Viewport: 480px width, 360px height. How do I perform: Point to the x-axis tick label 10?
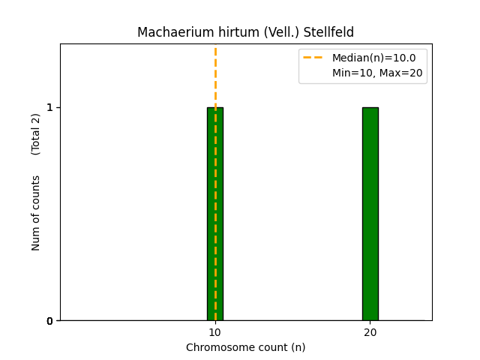[x=214, y=332]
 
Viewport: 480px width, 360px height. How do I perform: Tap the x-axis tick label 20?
[x=370, y=332]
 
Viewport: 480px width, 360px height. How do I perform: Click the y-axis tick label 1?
[x=49, y=107]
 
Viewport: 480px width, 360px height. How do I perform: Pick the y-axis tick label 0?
[x=49, y=321]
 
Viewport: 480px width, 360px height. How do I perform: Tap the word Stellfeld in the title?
[x=328, y=32]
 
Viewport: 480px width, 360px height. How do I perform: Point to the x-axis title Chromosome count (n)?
[x=246, y=347]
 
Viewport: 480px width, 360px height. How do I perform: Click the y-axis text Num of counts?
[x=36, y=213]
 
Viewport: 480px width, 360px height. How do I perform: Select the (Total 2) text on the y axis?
[x=36, y=133]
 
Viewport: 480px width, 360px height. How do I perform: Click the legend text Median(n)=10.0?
[x=373, y=58]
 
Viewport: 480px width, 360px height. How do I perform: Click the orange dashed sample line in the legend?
[x=313, y=58]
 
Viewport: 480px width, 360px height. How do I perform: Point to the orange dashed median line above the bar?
[x=215, y=75]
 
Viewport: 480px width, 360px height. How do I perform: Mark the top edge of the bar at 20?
[x=370, y=107]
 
